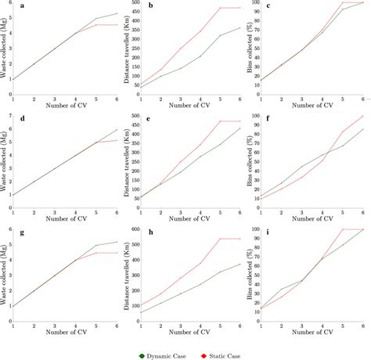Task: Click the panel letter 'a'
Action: (x=24, y=6)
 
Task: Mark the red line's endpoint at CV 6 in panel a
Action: (x=117, y=25)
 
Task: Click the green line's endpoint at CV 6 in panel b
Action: (x=241, y=27)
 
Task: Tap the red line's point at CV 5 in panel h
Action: (x=220, y=239)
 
